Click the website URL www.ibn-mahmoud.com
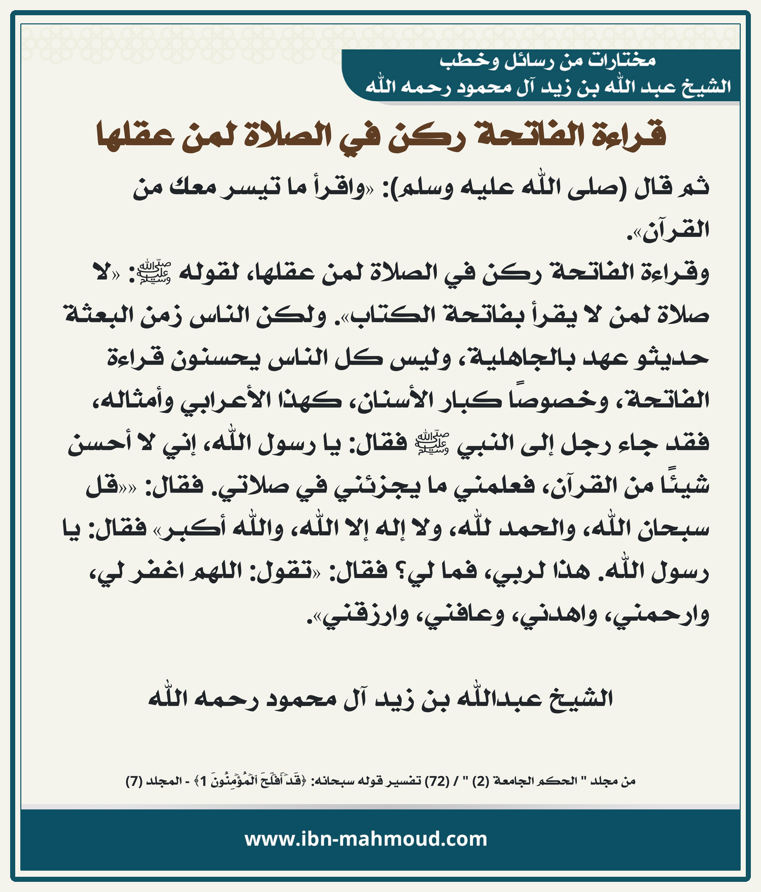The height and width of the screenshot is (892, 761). (366, 839)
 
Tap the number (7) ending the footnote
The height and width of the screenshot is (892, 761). (134, 781)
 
